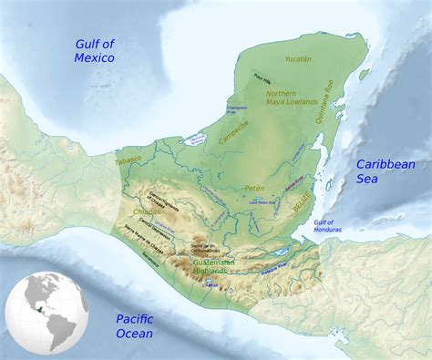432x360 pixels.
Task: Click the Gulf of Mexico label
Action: click(95, 51)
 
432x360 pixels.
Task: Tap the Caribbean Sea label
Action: click(385, 171)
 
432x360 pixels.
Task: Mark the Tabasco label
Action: click(129, 160)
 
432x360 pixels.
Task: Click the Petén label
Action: click(254, 188)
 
